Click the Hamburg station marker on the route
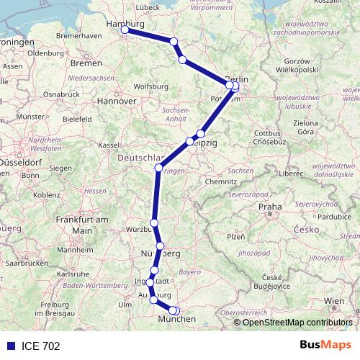pos(125,30)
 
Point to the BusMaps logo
pos(325,345)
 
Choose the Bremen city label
pos(86,63)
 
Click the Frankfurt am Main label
pos(81,224)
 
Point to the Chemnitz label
pos(220,181)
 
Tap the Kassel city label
pos(109,145)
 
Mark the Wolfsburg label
pos(151,86)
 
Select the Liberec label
pos(293,174)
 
